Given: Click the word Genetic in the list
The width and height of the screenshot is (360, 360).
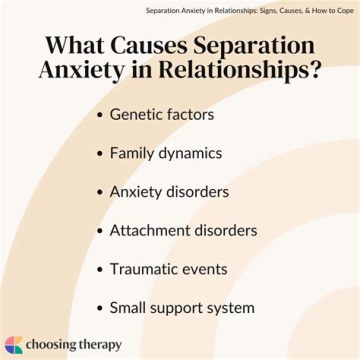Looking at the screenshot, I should [133, 114].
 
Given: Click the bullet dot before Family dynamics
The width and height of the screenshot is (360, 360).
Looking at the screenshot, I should [100, 153].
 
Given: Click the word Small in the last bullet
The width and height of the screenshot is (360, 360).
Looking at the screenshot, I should [126, 307].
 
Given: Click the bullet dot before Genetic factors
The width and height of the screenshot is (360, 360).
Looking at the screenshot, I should [100, 115].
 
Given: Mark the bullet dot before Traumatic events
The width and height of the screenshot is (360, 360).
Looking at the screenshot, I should [100, 269].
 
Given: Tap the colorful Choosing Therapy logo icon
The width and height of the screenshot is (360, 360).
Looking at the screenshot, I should [13, 345].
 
